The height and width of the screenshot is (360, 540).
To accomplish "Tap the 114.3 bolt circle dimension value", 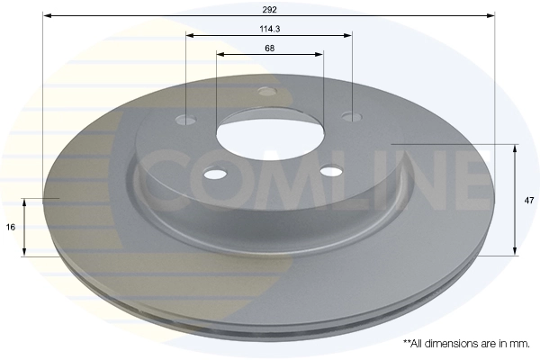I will [269, 28].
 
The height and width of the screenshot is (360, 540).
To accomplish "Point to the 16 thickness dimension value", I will [10, 227].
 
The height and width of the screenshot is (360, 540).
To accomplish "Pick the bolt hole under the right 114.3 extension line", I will [351, 116].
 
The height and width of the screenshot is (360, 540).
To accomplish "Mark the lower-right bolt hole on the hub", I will [331, 172].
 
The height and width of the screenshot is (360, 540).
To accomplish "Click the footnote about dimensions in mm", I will [466, 344].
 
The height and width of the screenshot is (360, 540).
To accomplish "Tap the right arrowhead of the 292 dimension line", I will [491, 15].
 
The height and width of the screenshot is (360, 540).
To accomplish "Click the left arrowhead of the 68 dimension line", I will [220, 54].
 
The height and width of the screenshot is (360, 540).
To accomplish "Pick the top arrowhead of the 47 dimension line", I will [514, 147].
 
